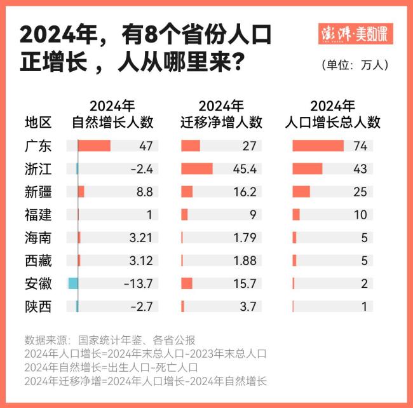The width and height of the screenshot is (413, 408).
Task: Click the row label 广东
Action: [38, 146]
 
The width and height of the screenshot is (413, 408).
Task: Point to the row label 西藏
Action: [38, 261]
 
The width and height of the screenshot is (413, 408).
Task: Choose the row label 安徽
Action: [38, 283]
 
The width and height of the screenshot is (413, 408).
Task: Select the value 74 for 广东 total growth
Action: [360, 146]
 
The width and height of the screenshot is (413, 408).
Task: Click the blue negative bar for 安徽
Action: [73, 283]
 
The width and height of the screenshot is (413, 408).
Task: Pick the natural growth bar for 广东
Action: [94, 146]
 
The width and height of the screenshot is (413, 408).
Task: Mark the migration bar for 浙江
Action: [197, 169]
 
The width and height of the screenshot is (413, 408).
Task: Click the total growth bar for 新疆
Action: [301, 192]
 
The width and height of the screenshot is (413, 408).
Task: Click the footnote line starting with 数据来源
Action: [110, 339]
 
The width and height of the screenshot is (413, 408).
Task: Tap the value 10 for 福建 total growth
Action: [360, 215]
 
